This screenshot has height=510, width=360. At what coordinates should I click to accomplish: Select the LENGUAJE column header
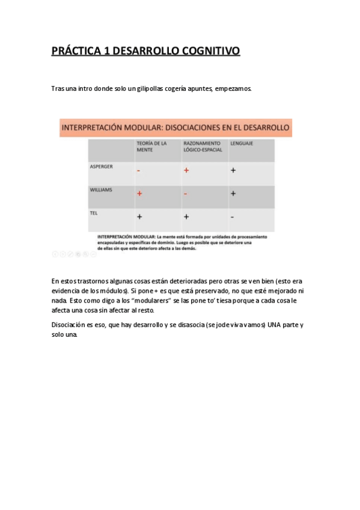tap(242, 143)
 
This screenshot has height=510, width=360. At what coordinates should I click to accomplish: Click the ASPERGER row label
tap(101, 166)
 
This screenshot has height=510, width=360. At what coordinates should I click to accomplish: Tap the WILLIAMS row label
tap(101, 189)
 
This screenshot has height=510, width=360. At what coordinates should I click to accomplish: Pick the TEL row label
tap(93, 212)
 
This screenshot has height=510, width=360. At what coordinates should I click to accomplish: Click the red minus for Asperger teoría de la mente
tap(139, 171)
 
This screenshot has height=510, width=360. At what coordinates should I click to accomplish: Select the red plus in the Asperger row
tap(186, 170)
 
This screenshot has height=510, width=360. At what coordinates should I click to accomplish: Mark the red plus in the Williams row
tap(139, 193)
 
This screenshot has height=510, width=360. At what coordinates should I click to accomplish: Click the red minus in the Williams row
tap(186, 194)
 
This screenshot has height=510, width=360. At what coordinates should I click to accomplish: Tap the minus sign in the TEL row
tap(232, 217)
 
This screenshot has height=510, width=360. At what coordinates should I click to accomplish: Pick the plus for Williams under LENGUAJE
tap(233, 194)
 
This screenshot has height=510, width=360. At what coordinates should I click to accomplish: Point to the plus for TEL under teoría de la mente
tap(139, 217)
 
